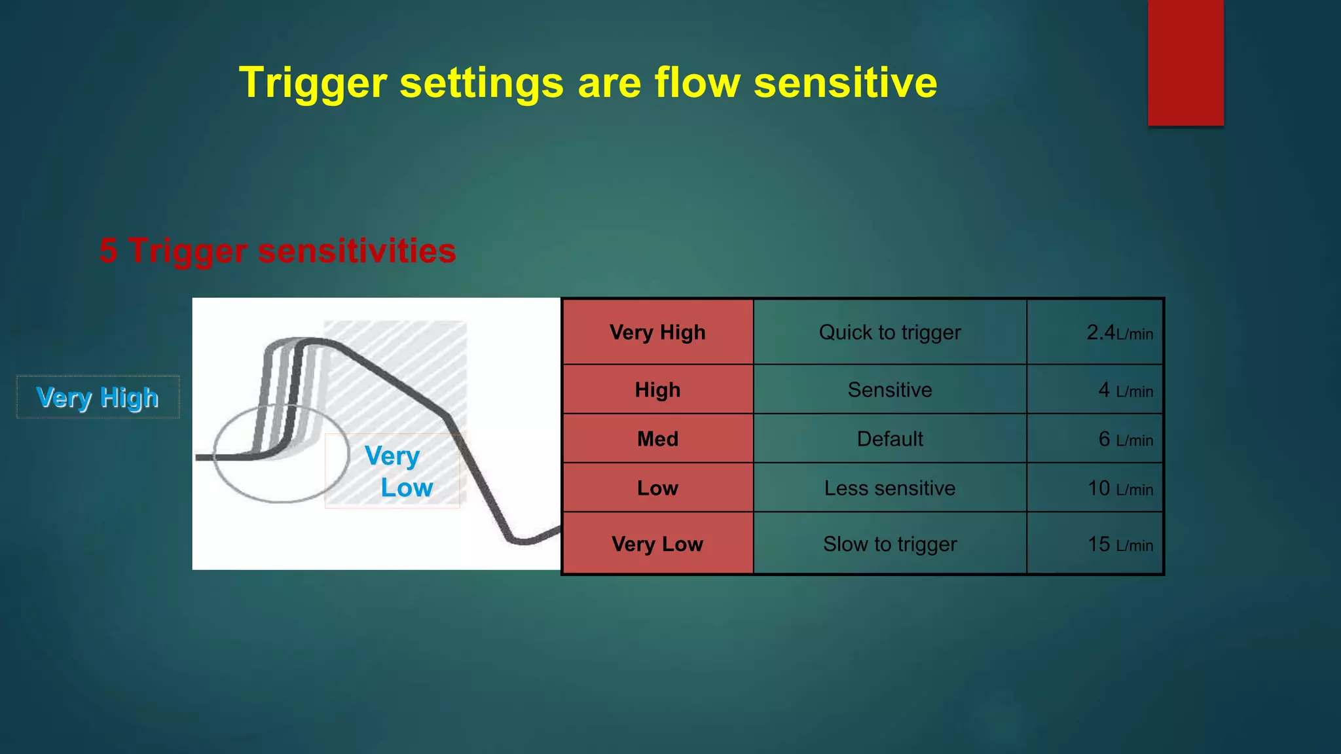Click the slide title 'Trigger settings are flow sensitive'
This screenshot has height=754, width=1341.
point(588,83)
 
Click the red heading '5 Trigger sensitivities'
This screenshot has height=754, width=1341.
point(278,251)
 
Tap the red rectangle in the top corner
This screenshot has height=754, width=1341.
point(1185,62)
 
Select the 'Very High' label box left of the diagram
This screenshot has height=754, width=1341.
point(98,397)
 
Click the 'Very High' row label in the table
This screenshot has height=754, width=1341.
point(657,332)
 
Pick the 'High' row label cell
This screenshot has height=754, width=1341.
point(657,390)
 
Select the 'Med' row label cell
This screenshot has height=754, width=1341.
point(657,439)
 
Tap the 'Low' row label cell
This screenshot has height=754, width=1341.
point(657,488)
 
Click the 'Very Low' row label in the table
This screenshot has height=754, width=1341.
point(657,544)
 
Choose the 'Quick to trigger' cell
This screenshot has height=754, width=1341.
point(889,332)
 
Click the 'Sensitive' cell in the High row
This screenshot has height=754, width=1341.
point(889,390)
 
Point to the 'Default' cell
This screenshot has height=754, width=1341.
point(889,439)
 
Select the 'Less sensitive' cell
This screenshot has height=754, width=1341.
point(889,488)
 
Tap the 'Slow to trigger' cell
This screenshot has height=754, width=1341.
point(889,544)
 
